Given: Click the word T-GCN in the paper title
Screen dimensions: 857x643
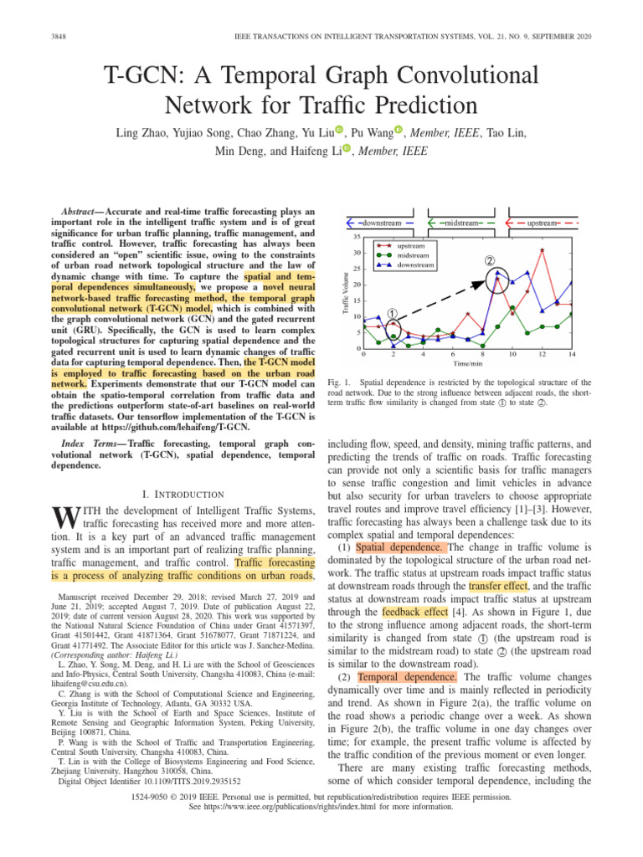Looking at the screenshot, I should [x=150, y=78].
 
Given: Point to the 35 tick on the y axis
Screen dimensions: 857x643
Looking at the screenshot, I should [x=357, y=213].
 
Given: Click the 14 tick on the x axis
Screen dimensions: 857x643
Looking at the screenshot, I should [x=571, y=354].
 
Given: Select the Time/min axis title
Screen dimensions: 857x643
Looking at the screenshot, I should [x=467, y=364].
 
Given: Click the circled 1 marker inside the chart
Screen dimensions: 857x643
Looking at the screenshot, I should [x=391, y=312].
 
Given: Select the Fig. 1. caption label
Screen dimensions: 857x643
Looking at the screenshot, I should [x=337, y=382].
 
